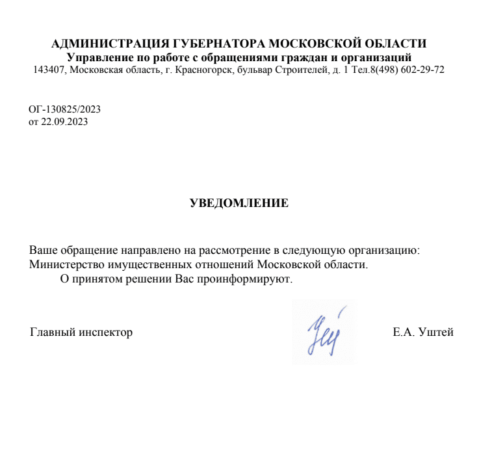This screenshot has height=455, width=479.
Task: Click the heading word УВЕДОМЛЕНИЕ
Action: (239, 203)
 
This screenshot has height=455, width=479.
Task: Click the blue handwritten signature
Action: (322, 331)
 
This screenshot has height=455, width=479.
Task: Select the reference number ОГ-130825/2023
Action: (64, 109)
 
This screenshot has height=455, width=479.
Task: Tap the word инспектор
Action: (105, 333)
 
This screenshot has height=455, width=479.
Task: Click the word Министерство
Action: (65, 265)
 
